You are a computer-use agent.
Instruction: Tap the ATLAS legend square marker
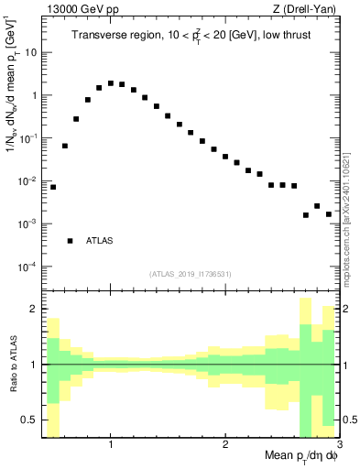(71, 241)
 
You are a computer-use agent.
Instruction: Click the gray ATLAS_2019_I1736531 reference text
(191, 274)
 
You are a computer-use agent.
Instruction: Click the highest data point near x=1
(111, 83)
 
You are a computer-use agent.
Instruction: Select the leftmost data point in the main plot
(53, 187)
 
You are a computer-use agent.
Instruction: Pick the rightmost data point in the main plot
(328, 214)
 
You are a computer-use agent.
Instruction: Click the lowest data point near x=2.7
(306, 215)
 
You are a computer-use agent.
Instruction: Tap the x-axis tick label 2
(225, 446)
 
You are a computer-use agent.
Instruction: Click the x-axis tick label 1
(111, 446)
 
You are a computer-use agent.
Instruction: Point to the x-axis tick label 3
(337, 446)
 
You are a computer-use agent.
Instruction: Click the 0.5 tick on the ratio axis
(29, 420)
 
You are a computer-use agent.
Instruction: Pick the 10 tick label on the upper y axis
(29, 52)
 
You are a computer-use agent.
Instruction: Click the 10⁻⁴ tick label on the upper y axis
(27, 267)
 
